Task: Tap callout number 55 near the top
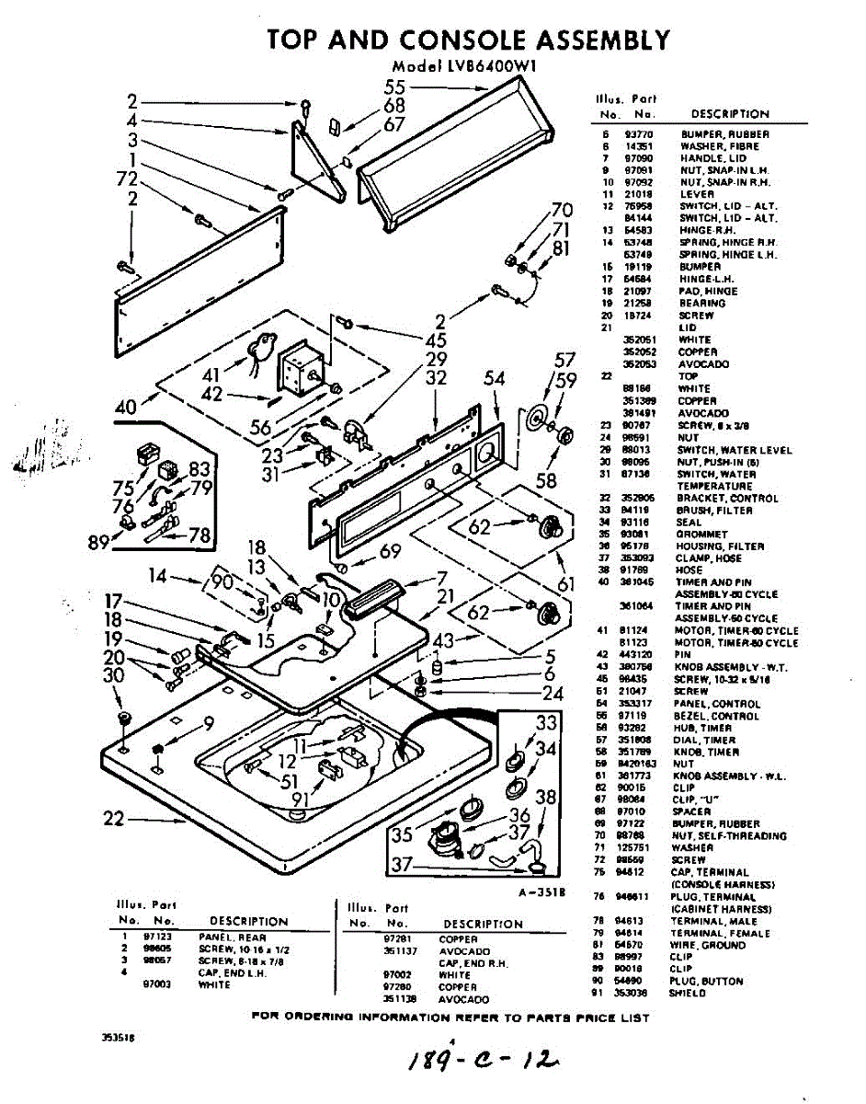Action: click(x=395, y=87)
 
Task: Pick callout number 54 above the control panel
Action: click(x=495, y=378)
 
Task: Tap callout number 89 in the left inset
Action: click(x=99, y=542)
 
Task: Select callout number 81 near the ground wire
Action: click(x=561, y=247)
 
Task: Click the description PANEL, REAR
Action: click(x=233, y=937)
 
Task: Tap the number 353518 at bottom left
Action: click(x=117, y=1038)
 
